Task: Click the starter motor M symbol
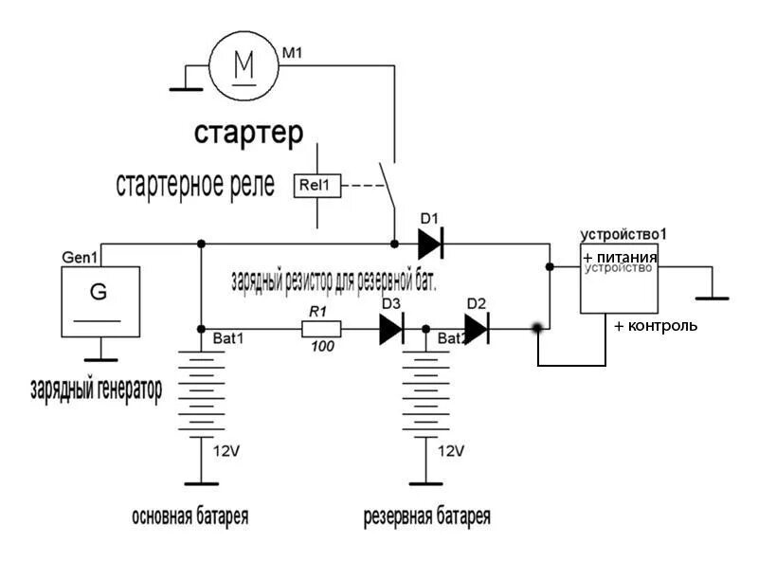click(x=244, y=63)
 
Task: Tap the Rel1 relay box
click(x=316, y=187)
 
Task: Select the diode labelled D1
click(x=430, y=244)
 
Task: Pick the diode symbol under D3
click(x=391, y=329)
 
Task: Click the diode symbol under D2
click(x=477, y=329)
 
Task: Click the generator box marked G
click(x=99, y=299)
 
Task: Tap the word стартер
click(x=249, y=133)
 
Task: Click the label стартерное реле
click(x=195, y=184)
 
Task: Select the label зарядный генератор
click(x=95, y=389)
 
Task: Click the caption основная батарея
click(x=190, y=516)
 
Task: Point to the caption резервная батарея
click(x=427, y=516)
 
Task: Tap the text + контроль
click(x=656, y=325)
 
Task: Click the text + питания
click(x=620, y=258)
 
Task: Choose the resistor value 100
click(x=322, y=347)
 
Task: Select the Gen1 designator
click(x=80, y=258)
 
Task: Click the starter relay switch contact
click(x=387, y=184)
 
